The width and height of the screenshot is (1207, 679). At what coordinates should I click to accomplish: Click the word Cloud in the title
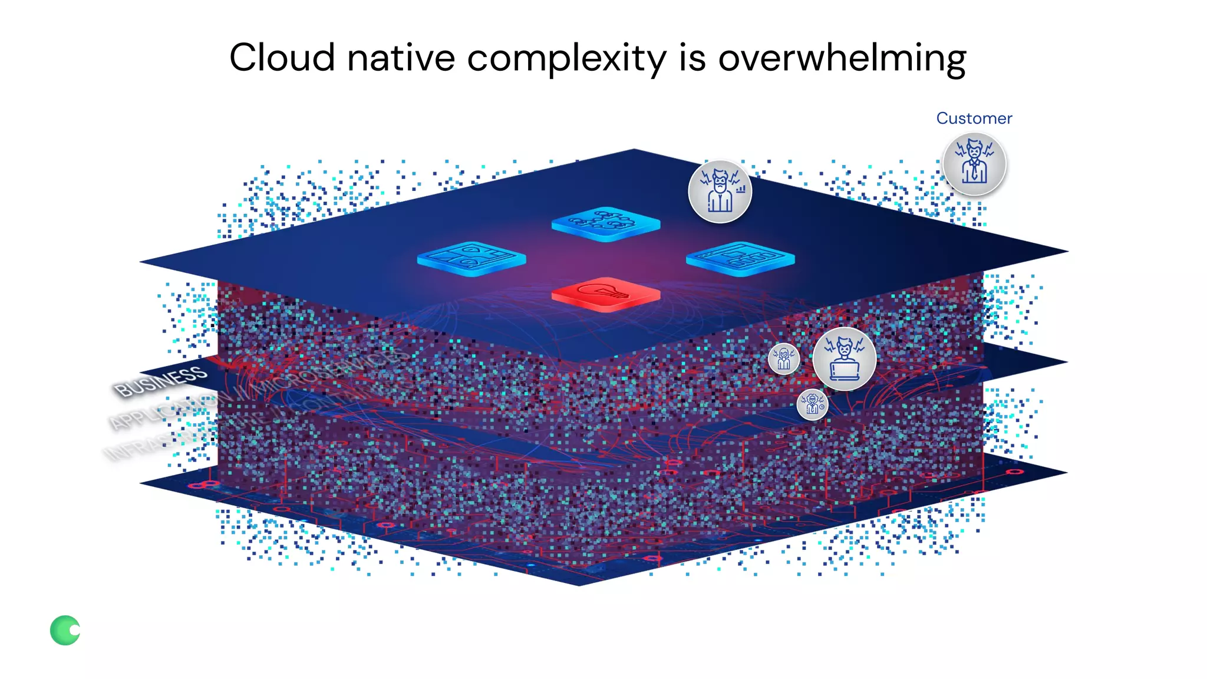point(282,58)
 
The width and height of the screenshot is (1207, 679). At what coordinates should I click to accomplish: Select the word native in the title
point(401,58)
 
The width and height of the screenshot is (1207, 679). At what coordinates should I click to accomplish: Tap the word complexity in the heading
point(566,59)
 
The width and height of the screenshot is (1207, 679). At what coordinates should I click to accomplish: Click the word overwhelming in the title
point(842,59)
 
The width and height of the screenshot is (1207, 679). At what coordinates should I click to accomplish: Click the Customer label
point(974,118)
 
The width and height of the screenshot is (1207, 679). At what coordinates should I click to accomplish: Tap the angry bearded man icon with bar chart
point(720,192)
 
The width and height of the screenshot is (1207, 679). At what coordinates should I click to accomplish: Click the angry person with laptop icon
point(844,359)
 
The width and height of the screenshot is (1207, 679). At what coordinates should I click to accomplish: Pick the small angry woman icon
point(784,358)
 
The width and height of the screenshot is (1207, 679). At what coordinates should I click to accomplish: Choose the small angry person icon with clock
point(812,404)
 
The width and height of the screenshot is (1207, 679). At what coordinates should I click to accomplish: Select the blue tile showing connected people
point(605,223)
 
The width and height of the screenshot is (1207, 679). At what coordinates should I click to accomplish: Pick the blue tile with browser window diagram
point(740,258)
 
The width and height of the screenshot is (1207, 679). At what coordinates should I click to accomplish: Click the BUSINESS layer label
point(161,381)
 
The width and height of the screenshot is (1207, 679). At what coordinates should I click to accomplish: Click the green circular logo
point(65,631)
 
